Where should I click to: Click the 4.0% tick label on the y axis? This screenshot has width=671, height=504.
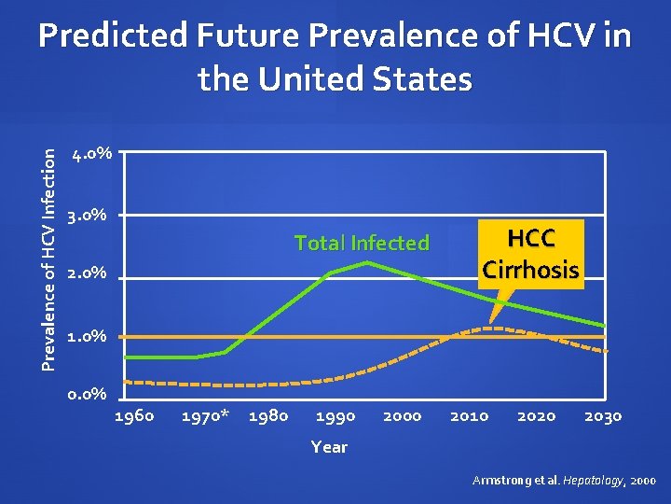(x=90, y=153)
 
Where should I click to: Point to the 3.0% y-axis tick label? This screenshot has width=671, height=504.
(x=90, y=216)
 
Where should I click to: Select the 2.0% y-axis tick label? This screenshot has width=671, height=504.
(x=90, y=275)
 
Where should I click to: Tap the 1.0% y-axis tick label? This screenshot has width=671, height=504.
(x=90, y=336)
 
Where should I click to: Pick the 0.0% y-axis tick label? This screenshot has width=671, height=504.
(x=90, y=396)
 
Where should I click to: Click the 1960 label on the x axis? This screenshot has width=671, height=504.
(x=133, y=416)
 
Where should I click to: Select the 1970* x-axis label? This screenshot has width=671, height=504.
(x=205, y=416)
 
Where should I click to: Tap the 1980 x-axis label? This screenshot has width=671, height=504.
(x=268, y=416)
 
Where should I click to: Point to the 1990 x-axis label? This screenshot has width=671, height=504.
(x=335, y=416)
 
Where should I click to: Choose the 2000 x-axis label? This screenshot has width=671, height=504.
(x=402, y=416)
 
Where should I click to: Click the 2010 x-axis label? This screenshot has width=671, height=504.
(x=469, y=416)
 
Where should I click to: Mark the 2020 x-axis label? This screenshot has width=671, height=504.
(x=536, y=416)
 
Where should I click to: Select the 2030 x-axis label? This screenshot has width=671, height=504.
(x=602, y=416)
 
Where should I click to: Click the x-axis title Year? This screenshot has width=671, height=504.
(x=329, y=447)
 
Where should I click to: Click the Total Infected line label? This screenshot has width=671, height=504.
(x=362, y=244)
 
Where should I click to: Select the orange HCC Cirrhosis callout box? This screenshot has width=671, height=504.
(x=530, y=254)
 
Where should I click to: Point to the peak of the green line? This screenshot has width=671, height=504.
(x=367, y=262)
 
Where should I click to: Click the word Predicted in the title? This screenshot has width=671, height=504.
(x=111, y=37)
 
